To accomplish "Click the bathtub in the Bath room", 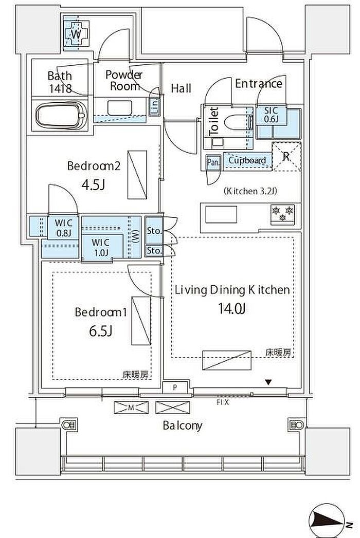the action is tap(61, 115).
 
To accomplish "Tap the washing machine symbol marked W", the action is tap(76, 33).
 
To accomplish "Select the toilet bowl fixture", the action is tap(235, 122).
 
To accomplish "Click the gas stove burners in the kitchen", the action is tap(283, 213).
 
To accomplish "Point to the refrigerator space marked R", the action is tap(286, 156).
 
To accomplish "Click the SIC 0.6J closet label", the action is tap(271, 115).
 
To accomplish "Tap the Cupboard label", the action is tap(247, 160).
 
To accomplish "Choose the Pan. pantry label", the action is tap(213, 163).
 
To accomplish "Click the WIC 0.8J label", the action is tap(64, 228).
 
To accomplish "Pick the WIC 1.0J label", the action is tap(100, 247).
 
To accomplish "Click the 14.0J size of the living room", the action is tap(231, 309).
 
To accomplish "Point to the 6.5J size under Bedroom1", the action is tap(101, 331).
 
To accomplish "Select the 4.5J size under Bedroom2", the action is tap(93, 185).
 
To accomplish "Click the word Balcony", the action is tap(183, 426).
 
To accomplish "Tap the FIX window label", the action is tap(223, 402).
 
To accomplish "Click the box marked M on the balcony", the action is tap(131, 407).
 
